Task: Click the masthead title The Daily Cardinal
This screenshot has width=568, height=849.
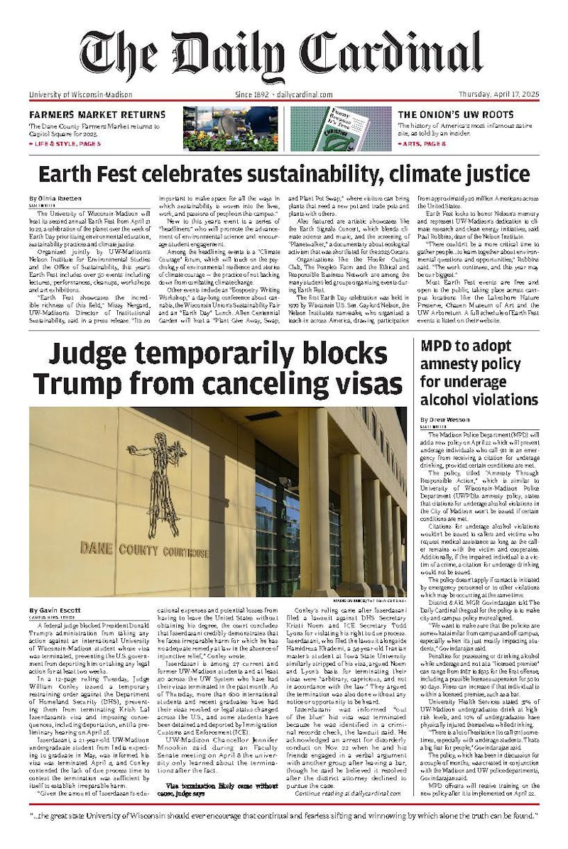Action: (284, 57)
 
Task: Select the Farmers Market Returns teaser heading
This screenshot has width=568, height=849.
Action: (97, 114)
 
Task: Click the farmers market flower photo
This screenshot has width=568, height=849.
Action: (230, 128)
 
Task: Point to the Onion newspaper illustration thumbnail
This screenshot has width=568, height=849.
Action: (341, 128)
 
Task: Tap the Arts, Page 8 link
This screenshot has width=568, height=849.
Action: (424, 144)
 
